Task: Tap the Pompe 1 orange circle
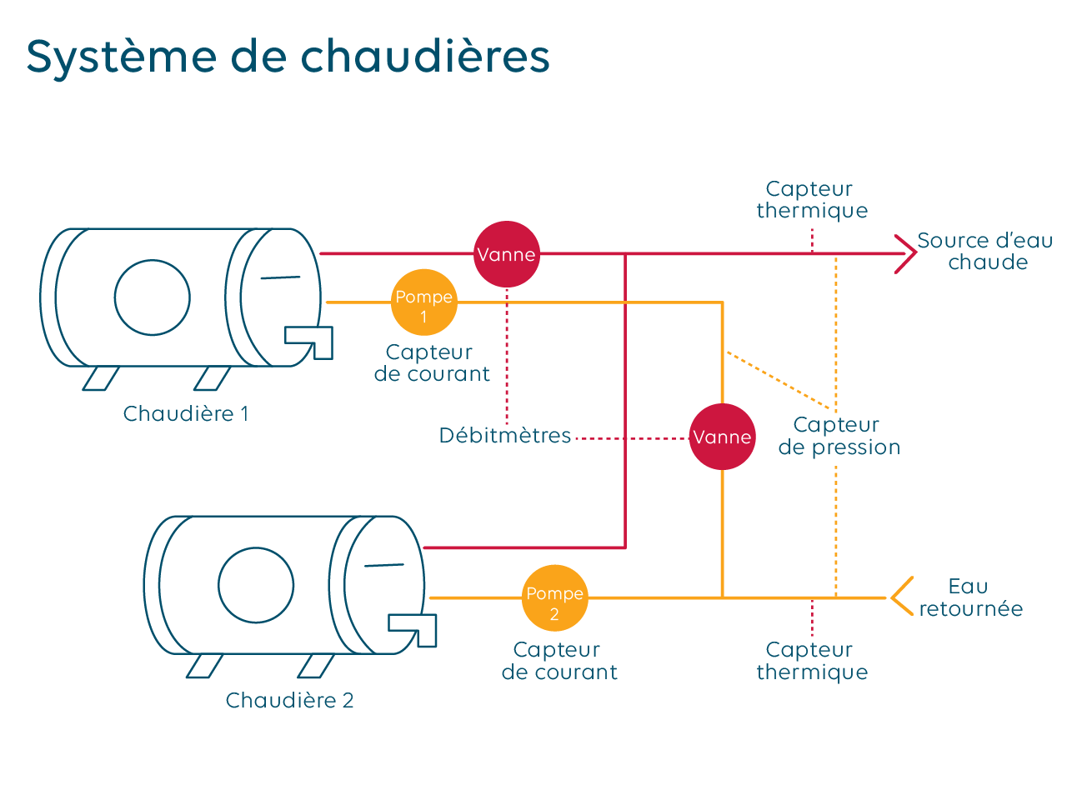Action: click(x=424, y=302)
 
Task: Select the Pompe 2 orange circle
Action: click(x=554, y=598)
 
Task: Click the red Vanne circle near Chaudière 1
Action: click(x=507, y=254)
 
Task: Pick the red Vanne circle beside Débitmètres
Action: click(x=722, y=437)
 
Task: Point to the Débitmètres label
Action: click(x=505, y=436)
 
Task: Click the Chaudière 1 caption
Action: click(x=186, y=414)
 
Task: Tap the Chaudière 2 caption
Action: click(x=289, y=701)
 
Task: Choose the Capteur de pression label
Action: click(x=839, y=437)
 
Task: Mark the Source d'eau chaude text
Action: click(x=985, y=252)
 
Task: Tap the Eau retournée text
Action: click(x=970, y=597)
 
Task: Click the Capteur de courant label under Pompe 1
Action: click(x=432, y=363)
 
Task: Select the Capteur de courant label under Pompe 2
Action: click(x=559, y=661)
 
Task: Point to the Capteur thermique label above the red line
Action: click(x=812, y=200)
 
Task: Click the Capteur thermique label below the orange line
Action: click(x=812, y=661)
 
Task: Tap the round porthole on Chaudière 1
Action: click(x=153, y=297)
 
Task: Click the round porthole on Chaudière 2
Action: click(x=256, y=585)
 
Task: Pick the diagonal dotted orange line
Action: click(x=779, y=381)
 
